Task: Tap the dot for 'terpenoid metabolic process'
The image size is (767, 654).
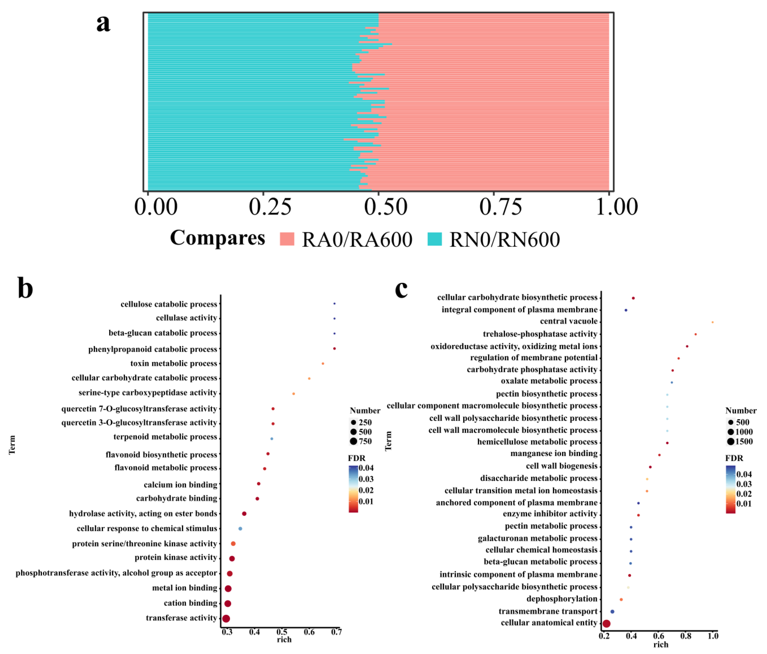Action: (272, 438)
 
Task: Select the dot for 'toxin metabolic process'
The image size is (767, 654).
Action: (323, 364)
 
